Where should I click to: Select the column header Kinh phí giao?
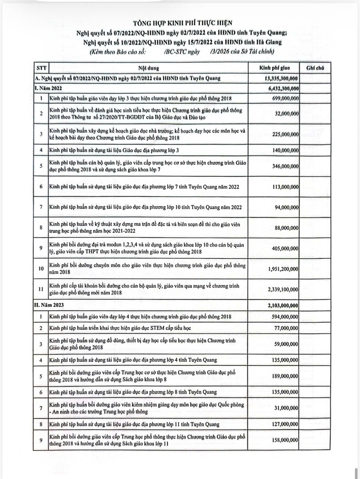point(274,68)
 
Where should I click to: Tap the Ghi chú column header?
point(315,68)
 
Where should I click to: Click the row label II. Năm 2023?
point(49,305)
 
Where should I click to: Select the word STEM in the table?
point(157,328)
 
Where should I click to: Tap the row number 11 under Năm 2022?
point(41,289)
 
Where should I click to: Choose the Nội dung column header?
point(149,68)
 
